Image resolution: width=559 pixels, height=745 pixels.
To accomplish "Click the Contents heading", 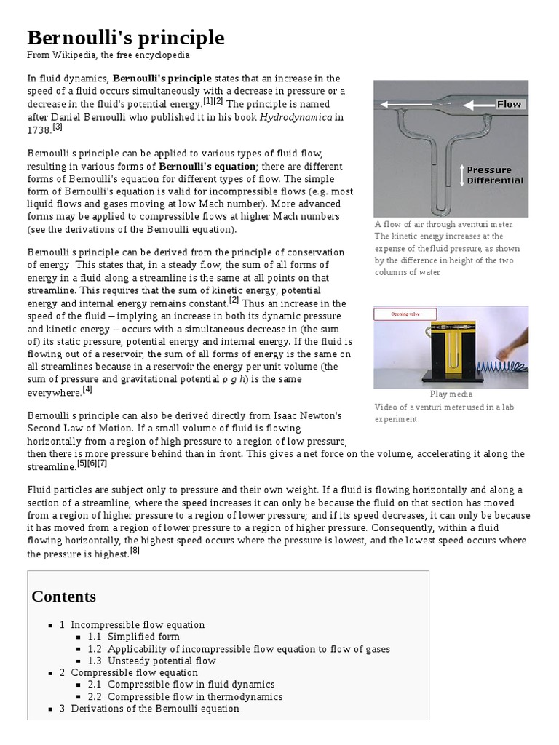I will (64, 597).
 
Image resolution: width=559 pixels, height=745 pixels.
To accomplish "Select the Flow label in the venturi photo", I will (509, 104).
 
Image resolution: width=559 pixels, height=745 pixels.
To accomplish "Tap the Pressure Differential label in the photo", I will (495, 175).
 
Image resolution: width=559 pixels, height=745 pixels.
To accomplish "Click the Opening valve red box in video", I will (406, 314).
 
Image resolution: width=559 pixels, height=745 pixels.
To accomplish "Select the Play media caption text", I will (451, 394).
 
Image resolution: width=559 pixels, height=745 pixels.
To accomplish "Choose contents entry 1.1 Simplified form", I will (134, 637).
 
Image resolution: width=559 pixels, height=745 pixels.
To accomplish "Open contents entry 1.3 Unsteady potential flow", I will (152, 661).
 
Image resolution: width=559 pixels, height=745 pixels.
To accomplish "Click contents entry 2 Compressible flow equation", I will (129, 672).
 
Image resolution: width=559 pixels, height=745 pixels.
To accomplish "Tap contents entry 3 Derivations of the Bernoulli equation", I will (149, 709).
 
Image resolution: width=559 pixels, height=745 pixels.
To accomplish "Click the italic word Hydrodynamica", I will (296, 116).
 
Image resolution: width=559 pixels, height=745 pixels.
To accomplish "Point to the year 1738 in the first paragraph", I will (39, 130).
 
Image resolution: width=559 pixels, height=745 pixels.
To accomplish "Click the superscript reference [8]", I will (135, 551).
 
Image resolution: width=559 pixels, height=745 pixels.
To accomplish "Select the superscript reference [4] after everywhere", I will (87, 389).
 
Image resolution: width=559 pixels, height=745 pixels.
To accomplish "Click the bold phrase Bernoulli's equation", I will (207, 167).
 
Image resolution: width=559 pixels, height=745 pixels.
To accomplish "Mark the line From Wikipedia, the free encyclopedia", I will (108, 55).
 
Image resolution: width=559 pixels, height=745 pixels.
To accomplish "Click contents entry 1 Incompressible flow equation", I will (132, 624).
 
